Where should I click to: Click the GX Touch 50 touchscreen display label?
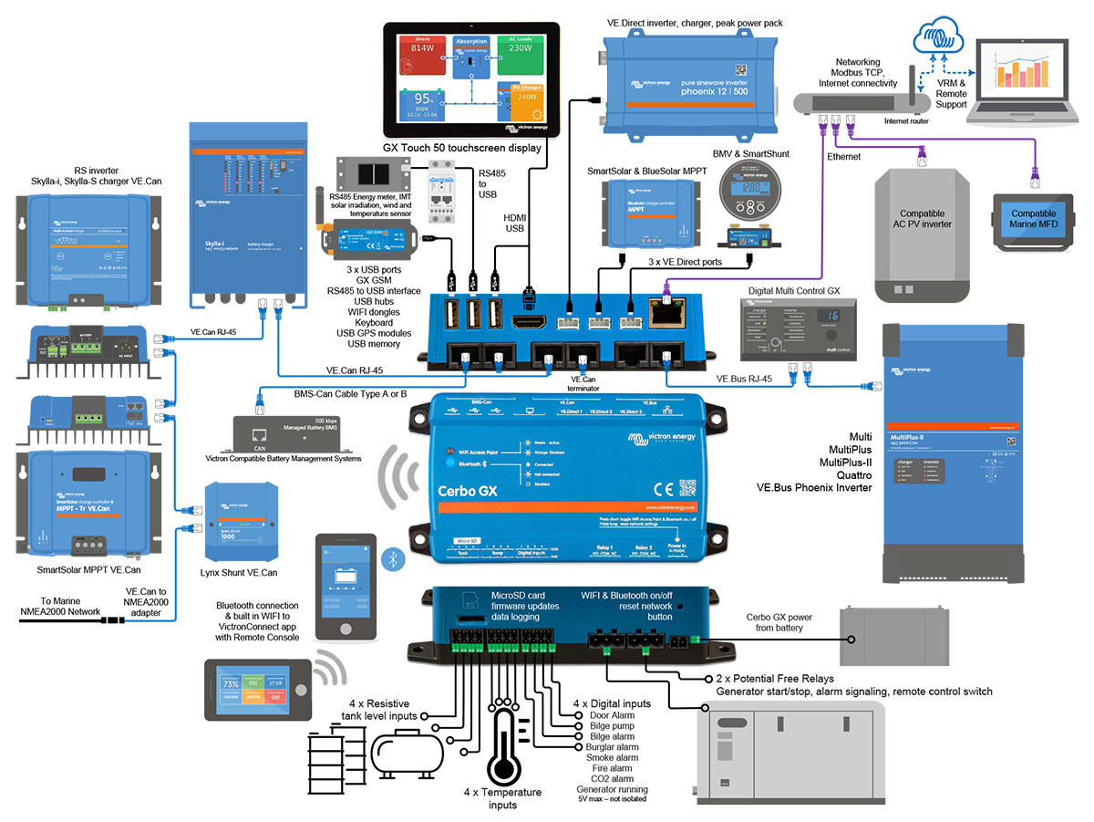pos(462,148)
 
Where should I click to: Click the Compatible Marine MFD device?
pos(1033,220)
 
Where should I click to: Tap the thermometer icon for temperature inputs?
pos(501,740)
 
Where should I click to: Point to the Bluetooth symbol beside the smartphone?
pos(395,559)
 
